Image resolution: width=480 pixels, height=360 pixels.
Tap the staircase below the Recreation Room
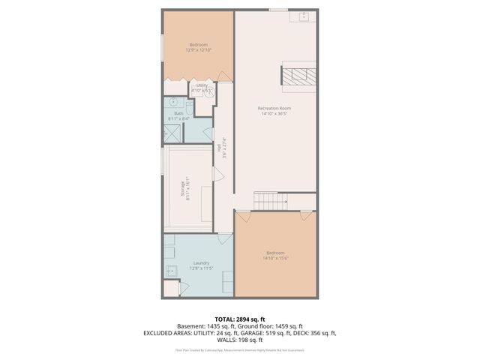point(265,200)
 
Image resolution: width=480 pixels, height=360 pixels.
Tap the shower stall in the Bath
point(172,131)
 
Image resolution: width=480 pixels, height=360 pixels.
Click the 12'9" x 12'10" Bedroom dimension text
point(199,50)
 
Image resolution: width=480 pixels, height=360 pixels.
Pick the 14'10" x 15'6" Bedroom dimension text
point(276,259)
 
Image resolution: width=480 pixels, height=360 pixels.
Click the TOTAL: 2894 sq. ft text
point(239,319)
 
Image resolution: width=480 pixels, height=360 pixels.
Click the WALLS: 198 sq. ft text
point(239,340)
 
